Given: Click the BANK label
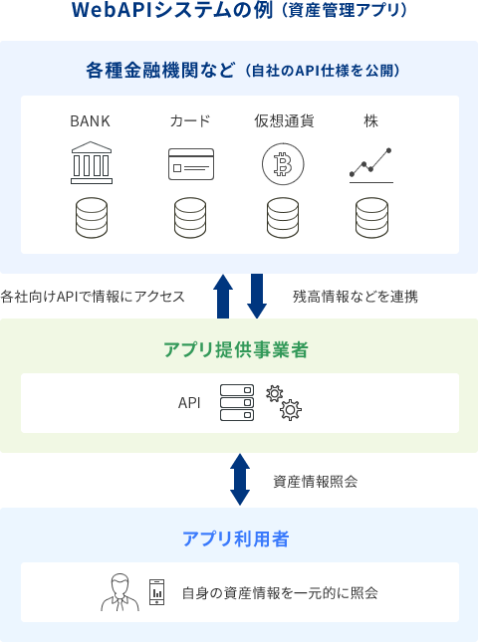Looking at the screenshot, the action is pyautogui.click(x=90, y=121).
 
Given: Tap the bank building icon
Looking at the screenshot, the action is pyautogui.click(x=92, y=162).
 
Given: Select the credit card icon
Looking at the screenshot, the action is pyautogui.click(x=191, y=164).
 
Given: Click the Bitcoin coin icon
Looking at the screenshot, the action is pyautogui.click(x=283, y=164).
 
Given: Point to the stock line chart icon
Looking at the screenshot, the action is pyautogui.click(x=371, y=165).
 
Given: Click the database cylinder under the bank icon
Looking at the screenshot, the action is pyautogui.click(x=92, y=218).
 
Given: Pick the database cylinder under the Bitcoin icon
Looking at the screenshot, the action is pyautogui.click(x=283, y=218).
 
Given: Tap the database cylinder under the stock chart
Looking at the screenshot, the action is pyautogui.click(x=371, y=218).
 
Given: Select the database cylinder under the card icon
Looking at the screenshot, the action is pyautogui.click(x=190, y=218).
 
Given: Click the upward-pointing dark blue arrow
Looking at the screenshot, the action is pyautogui.click(x=223, y=296).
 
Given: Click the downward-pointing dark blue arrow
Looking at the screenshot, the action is pyautogui.click(x=257, y=296).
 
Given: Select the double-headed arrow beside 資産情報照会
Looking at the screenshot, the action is pyautogui.click(x=240, y=480).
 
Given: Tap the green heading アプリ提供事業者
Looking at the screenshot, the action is pyautogui.click(x=236, y=350).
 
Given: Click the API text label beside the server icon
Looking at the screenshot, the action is pyautogui.click(x=189, y=403).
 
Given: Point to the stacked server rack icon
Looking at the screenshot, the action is pyautogui.click(x=237, y=402).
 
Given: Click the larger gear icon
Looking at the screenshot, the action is pyautogui.click(x=291, y=409).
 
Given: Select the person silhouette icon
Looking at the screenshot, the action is pyautogui.click(x=120, y=592).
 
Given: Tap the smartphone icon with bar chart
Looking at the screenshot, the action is pyautogui.click(x=157, y=592).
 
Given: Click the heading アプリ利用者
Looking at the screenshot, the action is pyautogui.click(x=236, y=538).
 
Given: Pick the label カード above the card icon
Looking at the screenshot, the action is pyautogui.click(x=190, y=121).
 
